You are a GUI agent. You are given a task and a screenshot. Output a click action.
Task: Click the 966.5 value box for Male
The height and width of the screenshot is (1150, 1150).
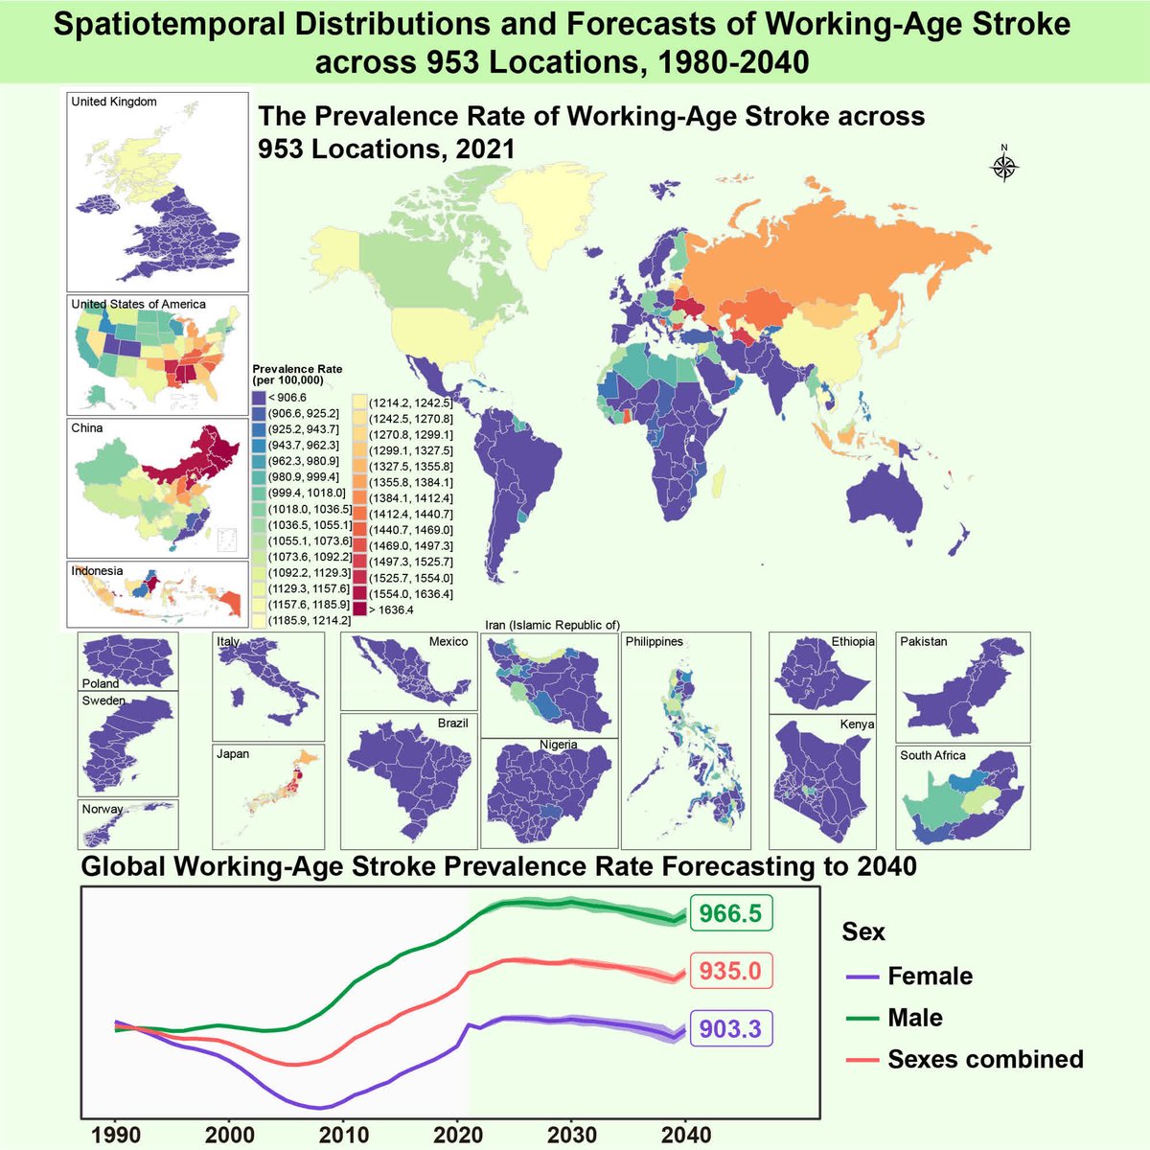(x=730, y=914)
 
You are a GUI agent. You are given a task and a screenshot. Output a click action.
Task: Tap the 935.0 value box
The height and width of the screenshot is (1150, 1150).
(x=730, y=972)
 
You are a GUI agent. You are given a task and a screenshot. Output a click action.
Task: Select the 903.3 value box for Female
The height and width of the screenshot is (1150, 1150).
(x=730, y=1029)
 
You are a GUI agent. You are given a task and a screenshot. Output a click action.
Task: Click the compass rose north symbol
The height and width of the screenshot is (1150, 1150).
(x=1003, y=167)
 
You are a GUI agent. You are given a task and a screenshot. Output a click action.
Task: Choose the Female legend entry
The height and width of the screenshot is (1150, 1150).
(x=929, y=977)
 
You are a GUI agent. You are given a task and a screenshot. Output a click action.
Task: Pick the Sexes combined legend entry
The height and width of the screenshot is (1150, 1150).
(x=984, y=1059)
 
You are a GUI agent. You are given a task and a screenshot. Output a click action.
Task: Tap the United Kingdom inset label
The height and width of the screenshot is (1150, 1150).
(x=114, y=102)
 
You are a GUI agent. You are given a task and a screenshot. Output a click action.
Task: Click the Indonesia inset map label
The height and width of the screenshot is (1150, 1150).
(x=97, y=571)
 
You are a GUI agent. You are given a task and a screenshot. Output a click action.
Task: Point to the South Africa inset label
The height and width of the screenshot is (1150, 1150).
(x=932, y=756)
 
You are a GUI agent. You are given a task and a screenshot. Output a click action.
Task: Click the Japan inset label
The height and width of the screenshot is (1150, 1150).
(x=233, y=754)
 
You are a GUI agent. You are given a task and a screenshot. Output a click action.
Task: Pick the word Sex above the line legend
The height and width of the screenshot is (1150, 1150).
(x=863, y=931)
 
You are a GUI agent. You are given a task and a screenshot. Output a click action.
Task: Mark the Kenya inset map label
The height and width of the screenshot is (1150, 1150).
(x=857, y=724)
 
